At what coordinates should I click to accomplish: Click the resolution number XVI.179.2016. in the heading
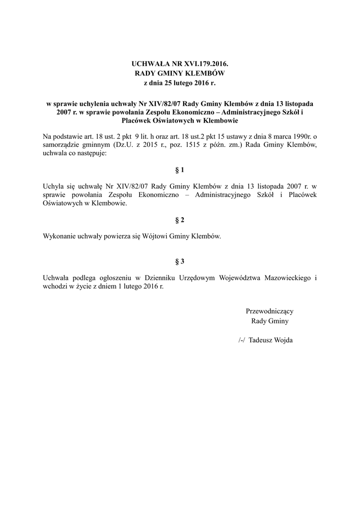(202, 64)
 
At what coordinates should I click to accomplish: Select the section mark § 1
(180, 170)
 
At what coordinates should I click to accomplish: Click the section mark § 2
(180, 219)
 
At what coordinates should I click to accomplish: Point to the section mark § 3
(180, 261)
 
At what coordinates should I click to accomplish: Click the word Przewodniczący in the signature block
(270, 311)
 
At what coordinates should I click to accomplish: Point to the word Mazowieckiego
(290, 278)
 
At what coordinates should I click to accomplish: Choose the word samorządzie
(61, 145)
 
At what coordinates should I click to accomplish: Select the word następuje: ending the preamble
(90, 153)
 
